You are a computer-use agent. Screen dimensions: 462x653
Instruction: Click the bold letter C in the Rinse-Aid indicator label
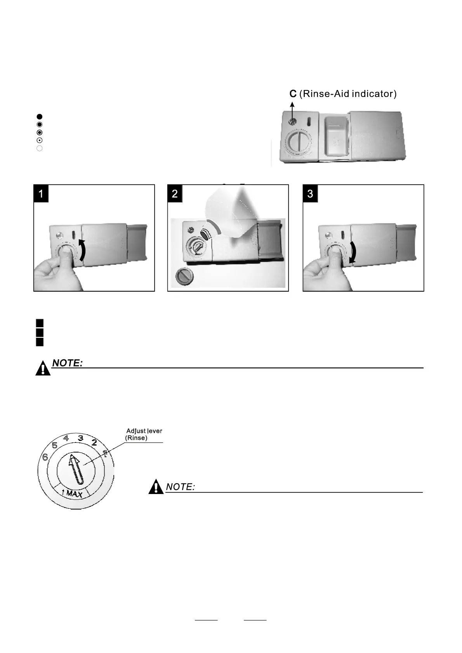tap(293, 94)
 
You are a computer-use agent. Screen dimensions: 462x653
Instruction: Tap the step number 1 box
tap(41, 193)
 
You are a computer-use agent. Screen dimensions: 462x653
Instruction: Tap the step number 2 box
tap(175, 193)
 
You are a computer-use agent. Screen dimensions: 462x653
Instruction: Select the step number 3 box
tap(310, 193)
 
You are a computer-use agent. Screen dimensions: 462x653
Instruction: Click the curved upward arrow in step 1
tap(82, 250)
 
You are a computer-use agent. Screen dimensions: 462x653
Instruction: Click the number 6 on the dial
tap(45, 458)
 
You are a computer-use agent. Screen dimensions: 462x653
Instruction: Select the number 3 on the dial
tap(80, 438)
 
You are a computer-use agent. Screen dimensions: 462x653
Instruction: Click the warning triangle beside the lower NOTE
tap(156, 487)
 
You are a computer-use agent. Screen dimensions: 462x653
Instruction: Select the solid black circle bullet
tap(39, 116)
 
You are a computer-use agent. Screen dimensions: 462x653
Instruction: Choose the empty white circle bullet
tap(39, 148)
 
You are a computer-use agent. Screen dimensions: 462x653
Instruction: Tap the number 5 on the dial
tap(55, 446)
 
